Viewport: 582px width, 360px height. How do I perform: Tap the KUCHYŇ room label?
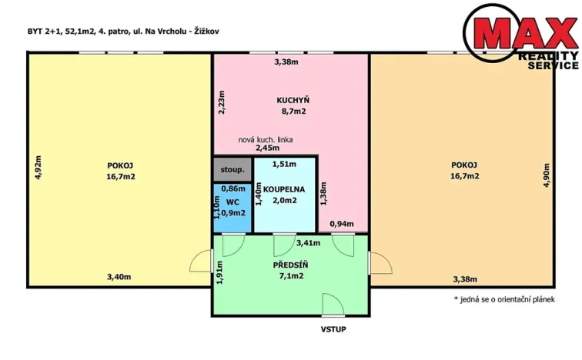point(293,100)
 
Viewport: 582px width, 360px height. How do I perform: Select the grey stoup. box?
point(232,169)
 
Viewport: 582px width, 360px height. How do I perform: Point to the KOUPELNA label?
point(284,188)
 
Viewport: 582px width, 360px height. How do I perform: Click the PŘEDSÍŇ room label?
point(291,265)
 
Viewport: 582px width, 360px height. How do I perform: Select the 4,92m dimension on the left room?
point(38,168)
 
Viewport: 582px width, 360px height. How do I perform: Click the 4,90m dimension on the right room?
point(547,175)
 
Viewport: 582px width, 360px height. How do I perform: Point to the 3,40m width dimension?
point(119,277)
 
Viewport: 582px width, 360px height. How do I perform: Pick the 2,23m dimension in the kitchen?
point(223,102)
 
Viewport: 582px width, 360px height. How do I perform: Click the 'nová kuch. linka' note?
point(265,138)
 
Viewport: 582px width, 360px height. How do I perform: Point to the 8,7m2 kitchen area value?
point(293,112)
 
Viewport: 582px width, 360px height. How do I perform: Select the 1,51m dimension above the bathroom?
point(285,163)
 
